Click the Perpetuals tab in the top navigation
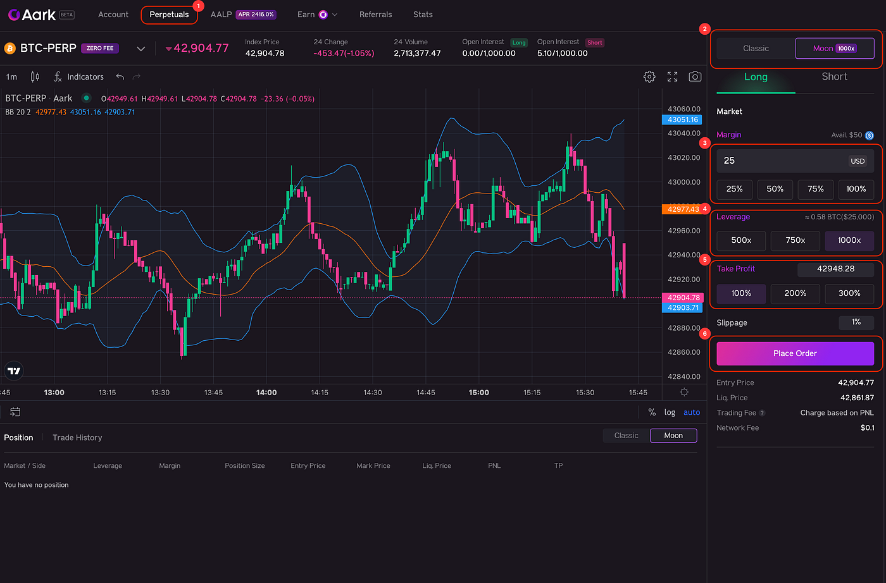click(x=169, y=15)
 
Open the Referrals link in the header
click(x=375, y=15)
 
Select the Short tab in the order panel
click(x=834, y=77)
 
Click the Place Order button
click(x=795, y=353)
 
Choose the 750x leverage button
click(x=795, y=240)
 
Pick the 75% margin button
click(x=815, y=189)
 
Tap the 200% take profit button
click(x=795, y=293)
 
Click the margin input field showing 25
click(x=778, y=161)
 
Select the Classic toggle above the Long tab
click(x=756, y=48)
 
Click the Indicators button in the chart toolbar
click(x=79, y=77)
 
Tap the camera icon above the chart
click(x=695, y=77)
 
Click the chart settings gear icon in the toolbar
click(x=649, y=77)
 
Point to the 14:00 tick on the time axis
click(x=266, y=393)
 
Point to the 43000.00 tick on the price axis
click(x=683, y=182)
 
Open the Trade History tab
click(x=77, y=438)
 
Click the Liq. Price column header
click(x=437, y=466)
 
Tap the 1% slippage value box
click(x=856, y=322)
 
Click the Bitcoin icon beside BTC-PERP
click(x=10, y=48)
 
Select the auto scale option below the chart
click(x=692, y=412)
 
